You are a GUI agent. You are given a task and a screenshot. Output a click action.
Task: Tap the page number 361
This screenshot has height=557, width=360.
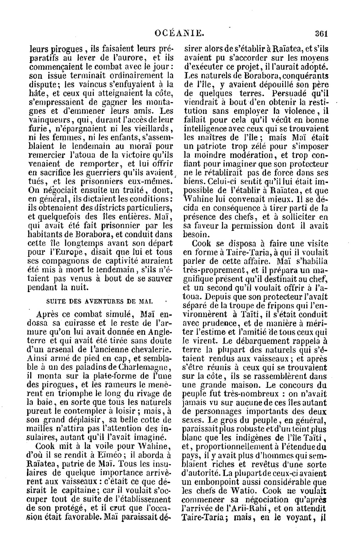coord(320,34)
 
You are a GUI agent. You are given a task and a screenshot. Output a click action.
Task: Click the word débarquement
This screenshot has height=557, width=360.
coord(266,340)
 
